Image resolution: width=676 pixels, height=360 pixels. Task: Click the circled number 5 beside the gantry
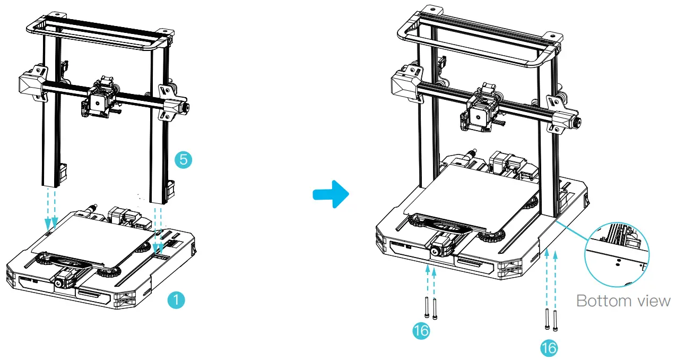(183, 159)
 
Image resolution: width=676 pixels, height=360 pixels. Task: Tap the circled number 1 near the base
(176, 300)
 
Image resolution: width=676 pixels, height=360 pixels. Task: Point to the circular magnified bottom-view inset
(616, 257)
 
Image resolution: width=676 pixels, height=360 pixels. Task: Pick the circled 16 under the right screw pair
(549, 348)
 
